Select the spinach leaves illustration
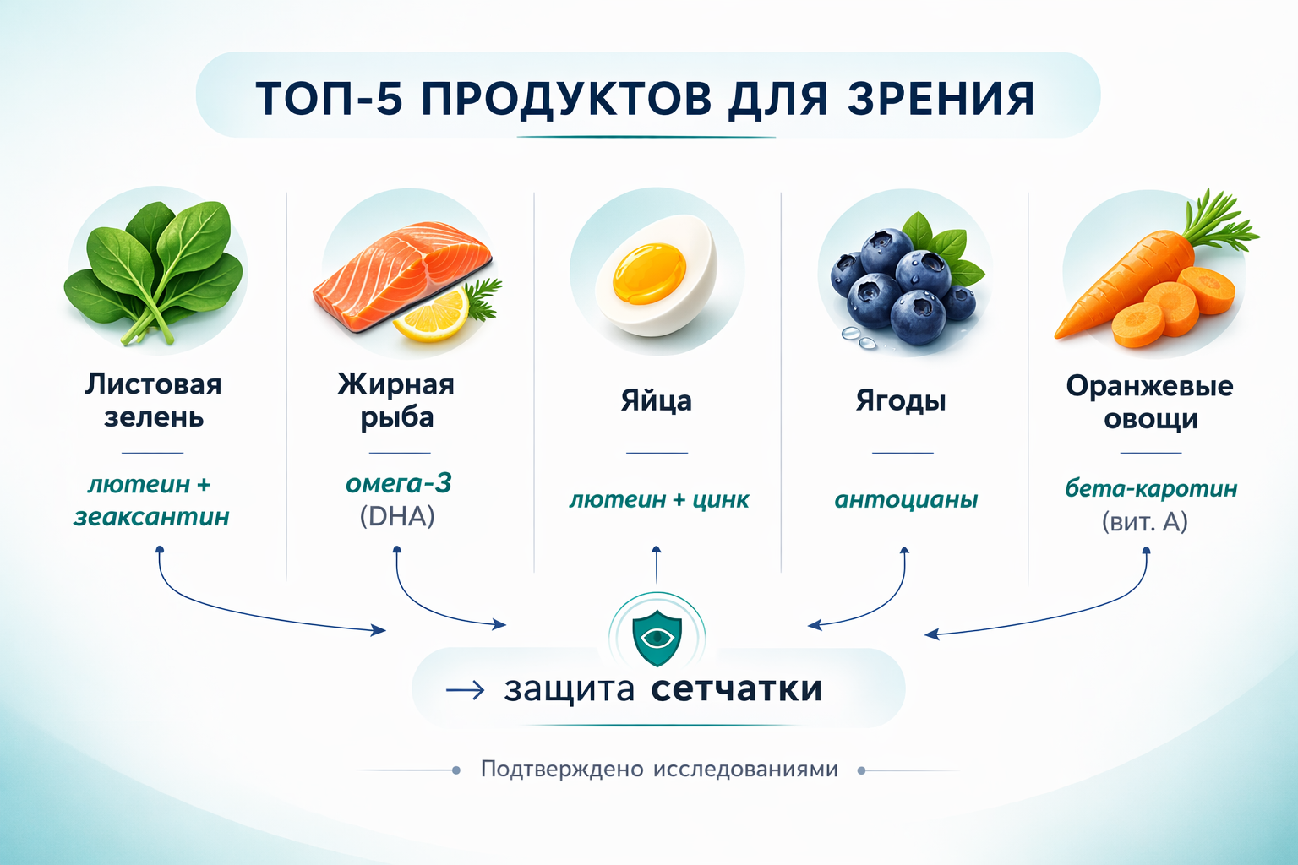click(x=157, y=270)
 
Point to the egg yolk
click(x=649, y=272)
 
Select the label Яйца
click(x=657, y=400)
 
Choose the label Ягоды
click(x=901, y=400)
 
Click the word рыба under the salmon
click(x=397, y=417)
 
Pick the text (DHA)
click(x=397, y=516)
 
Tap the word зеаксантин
click(x=152, y=517)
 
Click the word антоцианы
click(x=906, y=500)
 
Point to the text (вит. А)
click(x=1145, y=522)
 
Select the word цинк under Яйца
click(x=721, y=500)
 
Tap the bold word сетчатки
click(x=737, y=688)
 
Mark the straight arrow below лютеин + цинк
click(x=657, y=564)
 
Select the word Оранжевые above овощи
click(x=1149, y=386)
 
